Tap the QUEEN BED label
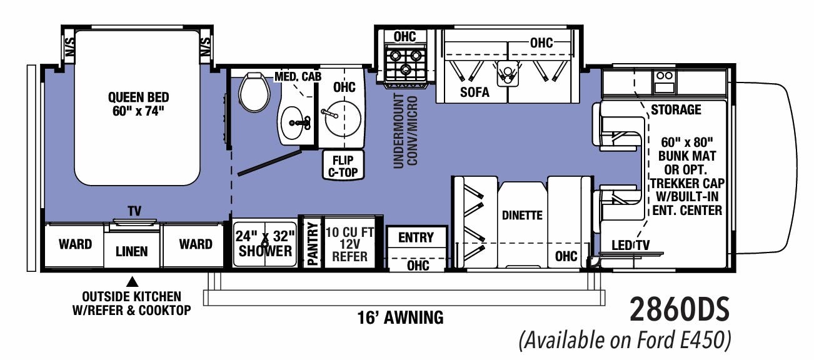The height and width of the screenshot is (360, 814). (138, 104)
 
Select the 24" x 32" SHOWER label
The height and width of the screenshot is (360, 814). (264, 243)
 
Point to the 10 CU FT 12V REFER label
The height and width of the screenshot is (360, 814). (349, 243)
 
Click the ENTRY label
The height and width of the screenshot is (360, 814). (416, 237)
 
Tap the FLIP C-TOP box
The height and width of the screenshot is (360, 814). (343, 166)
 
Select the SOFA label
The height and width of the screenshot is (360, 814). (475, 92)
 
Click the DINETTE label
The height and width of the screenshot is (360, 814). (522, 215)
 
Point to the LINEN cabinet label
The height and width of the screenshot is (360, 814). (132, 251)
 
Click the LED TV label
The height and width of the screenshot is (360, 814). (631, 246)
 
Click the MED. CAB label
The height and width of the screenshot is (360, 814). (298, 77)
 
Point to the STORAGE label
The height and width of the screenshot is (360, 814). (676, 110)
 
